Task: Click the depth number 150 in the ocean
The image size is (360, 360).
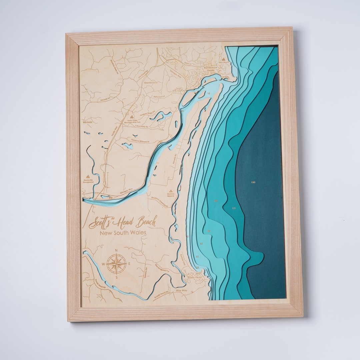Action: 253,182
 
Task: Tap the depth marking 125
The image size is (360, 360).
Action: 234,208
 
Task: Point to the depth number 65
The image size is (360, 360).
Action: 201,244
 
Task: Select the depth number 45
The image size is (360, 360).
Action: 197,257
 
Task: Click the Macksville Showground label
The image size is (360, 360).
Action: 89,181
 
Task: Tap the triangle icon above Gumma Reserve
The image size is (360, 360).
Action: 171,191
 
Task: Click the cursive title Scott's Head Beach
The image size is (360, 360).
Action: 123,222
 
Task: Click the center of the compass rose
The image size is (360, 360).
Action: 116,264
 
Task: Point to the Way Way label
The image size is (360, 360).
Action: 182,291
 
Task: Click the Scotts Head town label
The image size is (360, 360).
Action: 194,277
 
